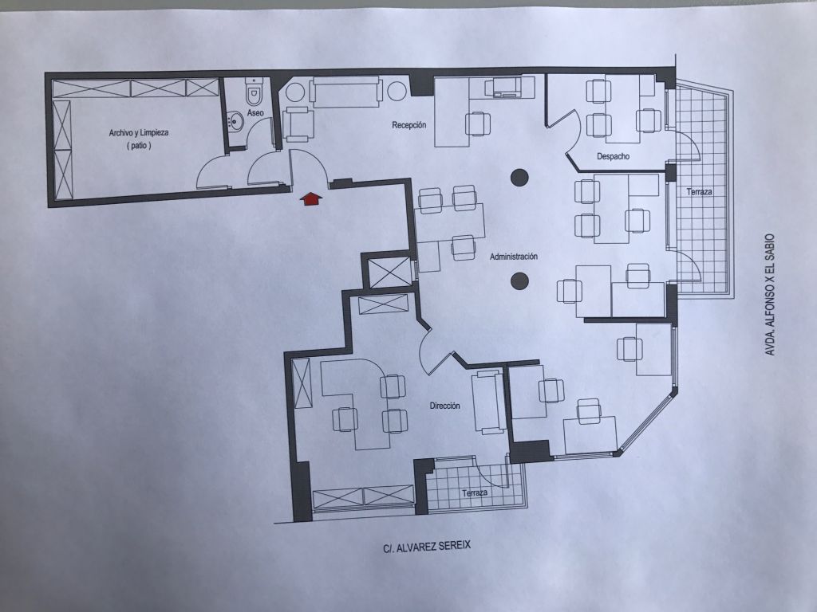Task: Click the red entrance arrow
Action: pyautogui.click(x=311, y=198)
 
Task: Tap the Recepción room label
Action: pyautogui.click(x=409, y=125)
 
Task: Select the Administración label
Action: pyautogui.click(x=513, y=257)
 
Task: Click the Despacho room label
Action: pyautogui.click(x=614, y=156)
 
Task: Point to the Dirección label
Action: pyautogui.click(x=444, y=406)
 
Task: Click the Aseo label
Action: pyautogui.click(x=255, y=112)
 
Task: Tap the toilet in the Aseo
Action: pyautogui.click(x=254, y=92)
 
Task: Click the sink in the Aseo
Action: pyautogui.click(x=235, y=122)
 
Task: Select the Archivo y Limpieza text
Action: pyautogui.click(x=139, y=133)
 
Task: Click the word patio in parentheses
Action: pyautogui.click(x=139, y=146)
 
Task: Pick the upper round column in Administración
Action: pyautogui.click(x=519, y=178)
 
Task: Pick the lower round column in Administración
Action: pyautogui.click(x=519, y=281)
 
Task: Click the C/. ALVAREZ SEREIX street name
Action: pyautogui.click(x=427, y=547)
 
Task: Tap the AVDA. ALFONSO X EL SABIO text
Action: pyautogui.click(x=770, y=295)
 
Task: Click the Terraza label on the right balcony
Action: pyautogui.click(x=699, y=192)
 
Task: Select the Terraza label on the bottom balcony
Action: pyautogui.click(x=475, y=492)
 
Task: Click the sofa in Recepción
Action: pyautogui.click(x=346, y=92)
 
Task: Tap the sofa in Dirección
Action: pyautogui.click(x=487, y=402)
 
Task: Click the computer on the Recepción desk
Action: pyautogui.click(x=503, y=87)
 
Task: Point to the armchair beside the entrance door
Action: pyautogui.click(x=298, y=124)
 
